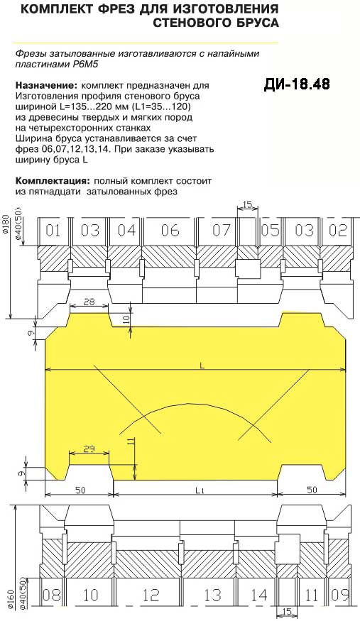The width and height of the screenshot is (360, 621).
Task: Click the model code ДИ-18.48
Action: (296, 84)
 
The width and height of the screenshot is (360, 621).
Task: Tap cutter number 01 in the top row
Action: (53, 231)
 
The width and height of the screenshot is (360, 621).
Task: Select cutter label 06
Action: (170, 231)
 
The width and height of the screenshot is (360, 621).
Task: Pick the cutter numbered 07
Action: (221, 230)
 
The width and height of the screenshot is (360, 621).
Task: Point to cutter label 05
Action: (271, 230)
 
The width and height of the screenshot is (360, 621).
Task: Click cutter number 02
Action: (338, 230)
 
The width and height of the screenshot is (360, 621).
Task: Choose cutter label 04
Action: (126, 231)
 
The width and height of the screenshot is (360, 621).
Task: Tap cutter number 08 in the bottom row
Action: (52, 595)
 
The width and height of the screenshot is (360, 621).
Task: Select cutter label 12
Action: (151, 595)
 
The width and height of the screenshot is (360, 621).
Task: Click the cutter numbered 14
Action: (259, 595)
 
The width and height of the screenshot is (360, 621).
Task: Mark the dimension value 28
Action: (89, 302)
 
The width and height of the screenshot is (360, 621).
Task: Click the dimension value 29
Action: (89, 449)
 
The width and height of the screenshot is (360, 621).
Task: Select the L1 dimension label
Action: (200, 490)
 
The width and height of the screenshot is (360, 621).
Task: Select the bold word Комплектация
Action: (53, 182)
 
